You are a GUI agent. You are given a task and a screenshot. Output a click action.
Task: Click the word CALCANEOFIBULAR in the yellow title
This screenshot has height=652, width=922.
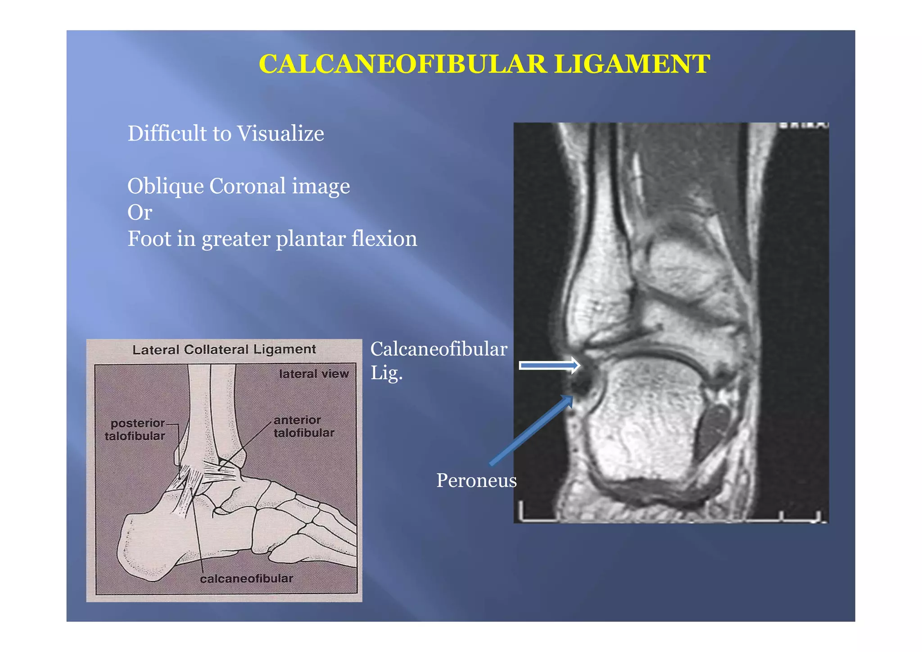(402, 64)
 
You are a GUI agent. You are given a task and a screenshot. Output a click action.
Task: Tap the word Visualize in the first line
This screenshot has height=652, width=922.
(280, 134)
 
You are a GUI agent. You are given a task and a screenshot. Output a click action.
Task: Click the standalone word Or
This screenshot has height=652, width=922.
(140, 213)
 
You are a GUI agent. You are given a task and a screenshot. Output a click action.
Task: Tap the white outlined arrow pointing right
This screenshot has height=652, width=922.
(549, 365)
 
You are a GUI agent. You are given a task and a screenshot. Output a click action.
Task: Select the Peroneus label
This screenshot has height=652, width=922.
(476, 480)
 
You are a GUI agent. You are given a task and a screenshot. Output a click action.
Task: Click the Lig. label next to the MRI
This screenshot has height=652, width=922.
(386, 373)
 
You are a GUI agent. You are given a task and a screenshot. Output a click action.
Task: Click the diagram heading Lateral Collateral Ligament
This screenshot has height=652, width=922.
(224, 349)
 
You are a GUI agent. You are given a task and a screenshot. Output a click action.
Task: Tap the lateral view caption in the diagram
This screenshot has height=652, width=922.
(314, 374)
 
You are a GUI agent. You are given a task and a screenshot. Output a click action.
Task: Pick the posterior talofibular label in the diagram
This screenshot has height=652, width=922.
(135, 430)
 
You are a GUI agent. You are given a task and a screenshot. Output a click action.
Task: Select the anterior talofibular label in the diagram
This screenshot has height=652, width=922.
(303, 426)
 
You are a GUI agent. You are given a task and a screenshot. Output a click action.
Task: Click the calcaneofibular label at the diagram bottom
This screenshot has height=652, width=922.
(246, 579)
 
